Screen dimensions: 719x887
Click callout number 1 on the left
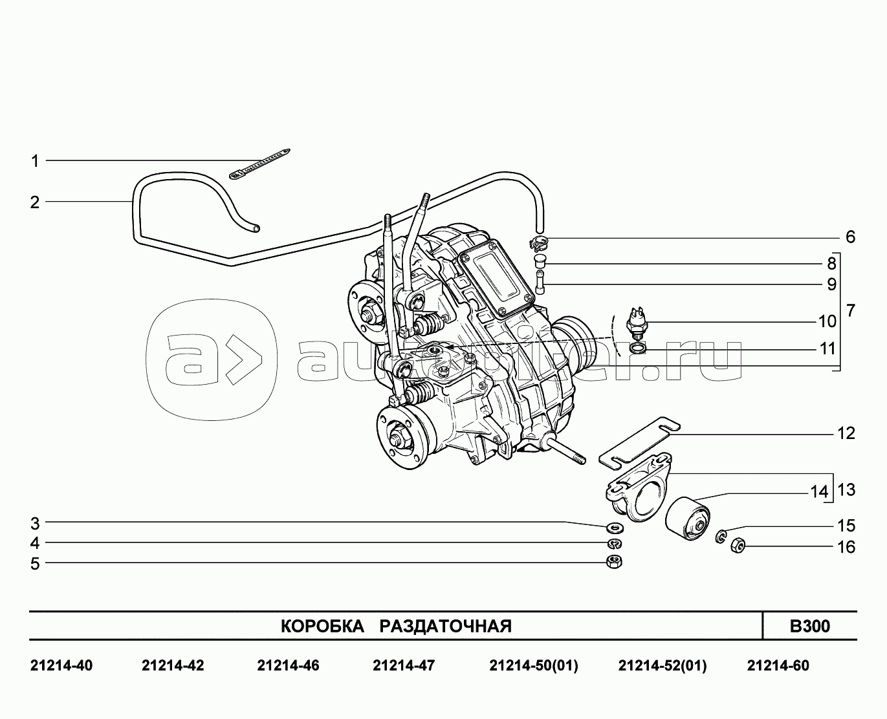click(x=35, y=161)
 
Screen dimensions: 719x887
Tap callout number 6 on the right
click(x=850, y=237)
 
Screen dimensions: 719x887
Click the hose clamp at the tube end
click(x=539, y=243)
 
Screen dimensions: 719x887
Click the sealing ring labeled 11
click(x=637, y=350)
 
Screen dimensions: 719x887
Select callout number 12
click(x=846, y=433)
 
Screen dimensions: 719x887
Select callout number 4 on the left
click(x=35, y=543)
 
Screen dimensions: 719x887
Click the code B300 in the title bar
click(x=809, y=626)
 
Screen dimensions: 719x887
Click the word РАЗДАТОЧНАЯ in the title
click(x=445, y=626)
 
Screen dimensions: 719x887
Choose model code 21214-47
click(x=404, y=665)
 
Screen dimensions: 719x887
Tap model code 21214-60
click(x=778, y=665)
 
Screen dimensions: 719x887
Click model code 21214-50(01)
click(x=534, y=665)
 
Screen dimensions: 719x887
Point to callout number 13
click(x=846, y=489)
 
